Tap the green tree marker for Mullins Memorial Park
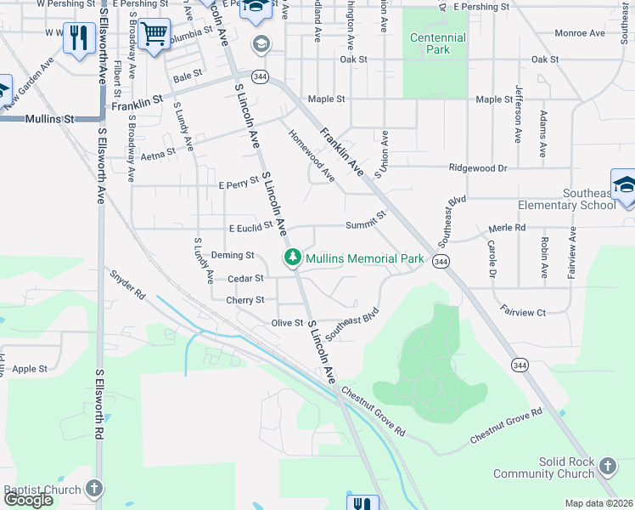(x=293, y=257)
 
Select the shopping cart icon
(x=154, y=35)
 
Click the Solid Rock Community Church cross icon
(x=607, y=466)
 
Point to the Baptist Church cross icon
(x=94, y=489)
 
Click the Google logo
(x=28, y=500)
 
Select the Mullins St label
(x=48, y=120)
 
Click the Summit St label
(x=365, y=225)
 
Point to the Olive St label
(x=287, y=323)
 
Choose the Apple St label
(x=30, y=369)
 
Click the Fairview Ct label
(x=523, y=313)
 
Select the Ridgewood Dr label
(x=478, y=168)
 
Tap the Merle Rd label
(x=508, y=228)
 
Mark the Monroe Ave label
(x=579, y=33)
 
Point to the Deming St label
(x=233, y=255)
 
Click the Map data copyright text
(x=598, y=503)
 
